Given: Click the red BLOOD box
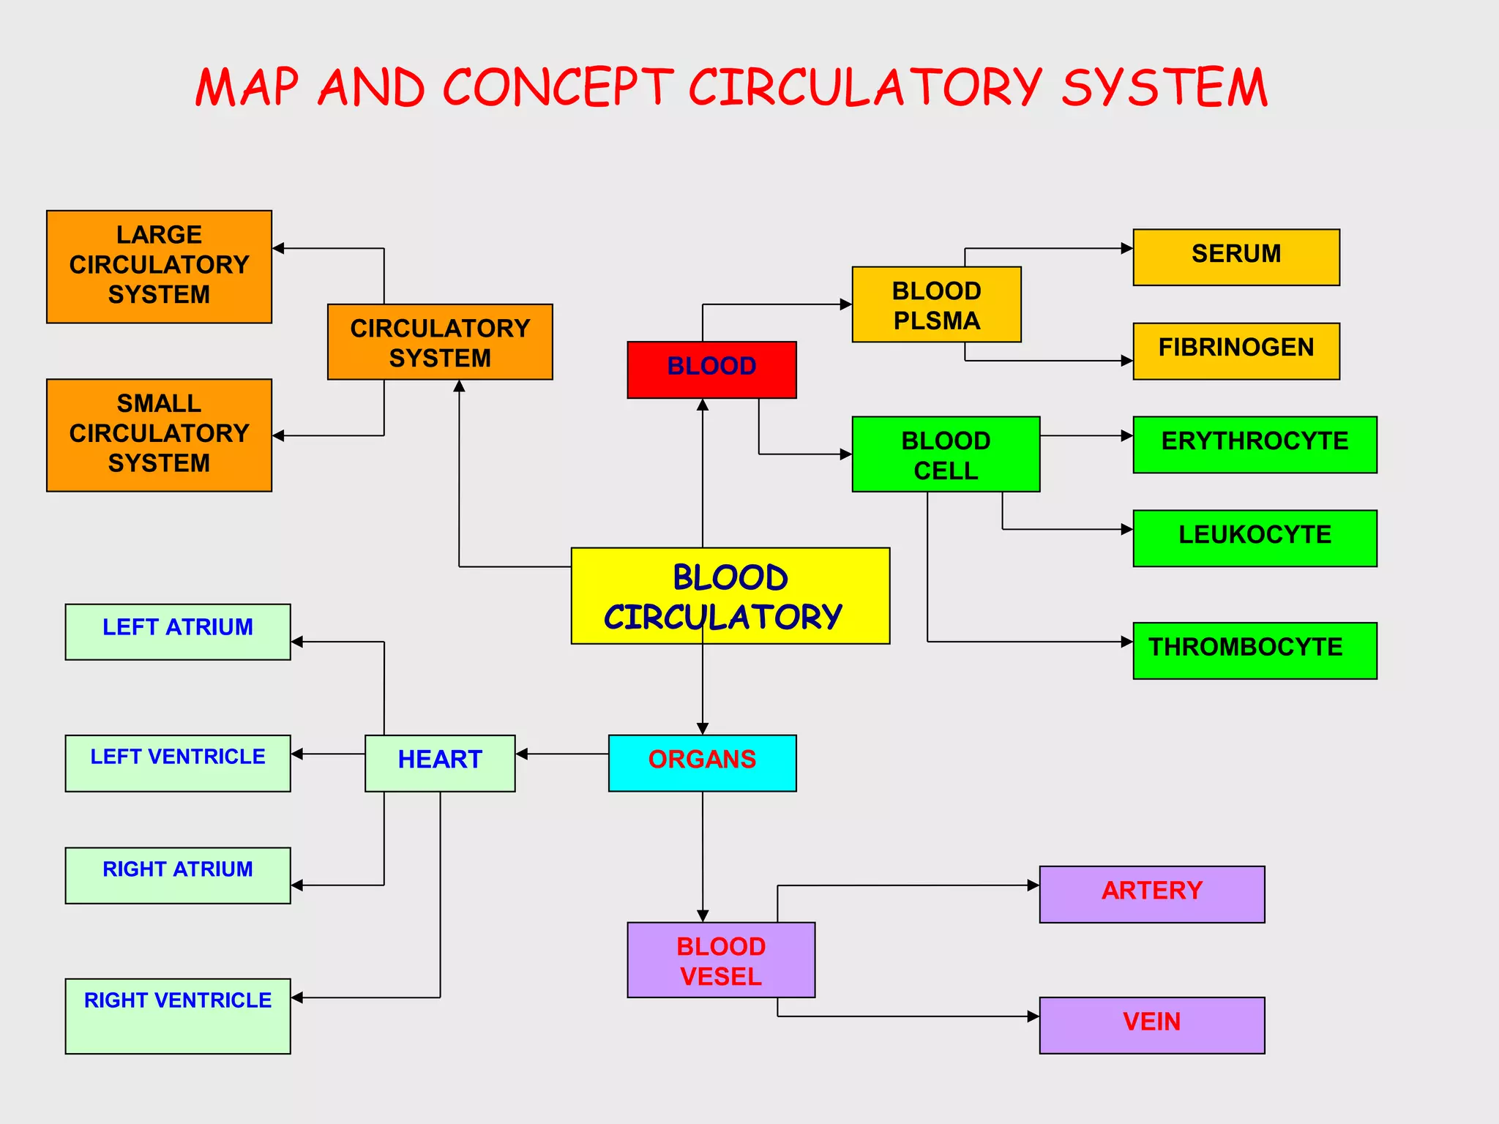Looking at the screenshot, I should pyautogui.click(x=711, y=370).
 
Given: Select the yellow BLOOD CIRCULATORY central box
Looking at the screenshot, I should pyautogui.click(x=730, y=596).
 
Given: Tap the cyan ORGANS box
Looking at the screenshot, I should pyautogui.click(x=702, y=763).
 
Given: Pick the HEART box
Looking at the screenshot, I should pyautogui.click(x=440, y=763).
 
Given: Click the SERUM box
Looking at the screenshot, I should pyautogui.click(x=1236, y=257).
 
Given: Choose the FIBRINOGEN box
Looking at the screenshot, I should pyautogui.click(x=1236, y=351).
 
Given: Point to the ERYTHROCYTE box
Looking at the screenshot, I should pyautogui.click(x=1255, y=444).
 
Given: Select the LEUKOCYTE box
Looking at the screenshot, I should pyautogui.click(x=1255, y=538).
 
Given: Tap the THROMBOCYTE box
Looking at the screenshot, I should pyautogui.click(x=1255, y=651).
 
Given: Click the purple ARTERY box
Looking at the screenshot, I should pyautogui.click(x=1151, y=894).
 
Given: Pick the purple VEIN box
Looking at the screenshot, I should pyautogui.click(x=1151, y=1024).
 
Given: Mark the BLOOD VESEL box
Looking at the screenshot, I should pyautogui.click(x=721, y=959).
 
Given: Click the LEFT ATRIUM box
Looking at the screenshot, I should pyautogui.click(x=178, y=632).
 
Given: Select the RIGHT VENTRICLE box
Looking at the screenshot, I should pyautogui.click(x=178, y=1016).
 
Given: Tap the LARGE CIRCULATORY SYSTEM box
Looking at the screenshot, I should pyautogui.click(x=159, y=266).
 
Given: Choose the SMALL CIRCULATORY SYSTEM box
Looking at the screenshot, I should pyautogui.click(x=159, y=435).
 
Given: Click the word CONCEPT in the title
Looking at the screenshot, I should pyautogui.click(x=558, y=88).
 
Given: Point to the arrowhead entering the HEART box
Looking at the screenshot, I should pyautogui.click(x=522, y=754).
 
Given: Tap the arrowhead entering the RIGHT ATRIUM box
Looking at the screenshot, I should pyautogui.click(x=297, y=885).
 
